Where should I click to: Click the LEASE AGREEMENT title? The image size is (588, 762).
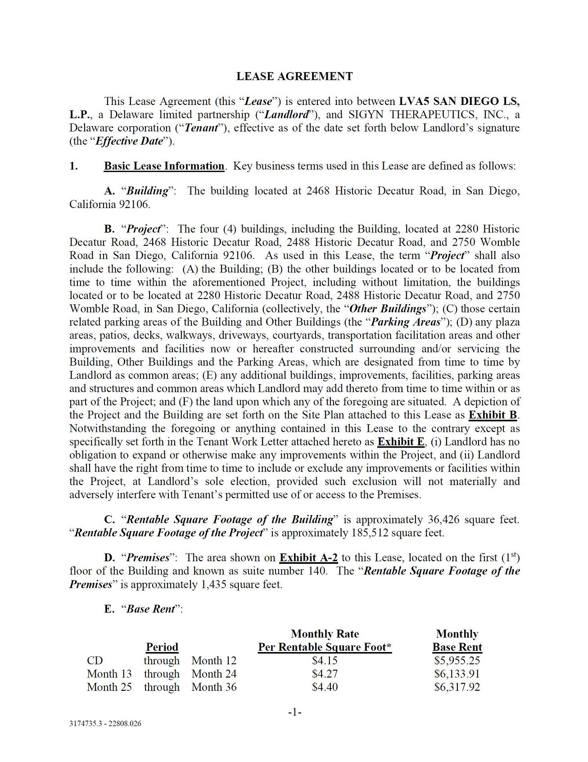click(294, 76)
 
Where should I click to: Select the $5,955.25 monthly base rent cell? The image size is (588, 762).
click(457, 661)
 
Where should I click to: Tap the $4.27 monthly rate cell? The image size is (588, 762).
click(325, 674)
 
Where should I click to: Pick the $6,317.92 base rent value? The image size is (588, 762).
click(457, 687)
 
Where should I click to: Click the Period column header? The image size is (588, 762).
click(162, 647)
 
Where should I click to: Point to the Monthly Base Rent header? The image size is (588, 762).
click(457, 640)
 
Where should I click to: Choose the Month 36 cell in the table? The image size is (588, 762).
click(214, 687)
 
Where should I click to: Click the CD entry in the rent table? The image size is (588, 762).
click(95, 661)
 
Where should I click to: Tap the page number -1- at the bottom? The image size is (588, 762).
click(294, 712)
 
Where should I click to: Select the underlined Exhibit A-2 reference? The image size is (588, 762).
click(308, 558)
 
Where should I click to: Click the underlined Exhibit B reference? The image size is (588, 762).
click(493, 415)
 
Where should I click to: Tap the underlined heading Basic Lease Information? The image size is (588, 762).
click(164, 166)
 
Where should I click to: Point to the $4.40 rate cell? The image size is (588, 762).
click(325, 687)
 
